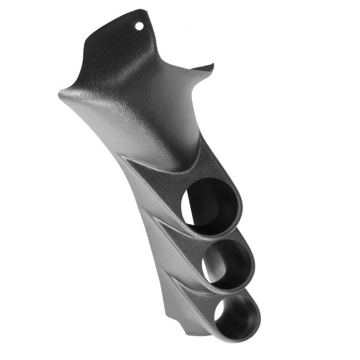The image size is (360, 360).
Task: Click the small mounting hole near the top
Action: click(x=139, y=26)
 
